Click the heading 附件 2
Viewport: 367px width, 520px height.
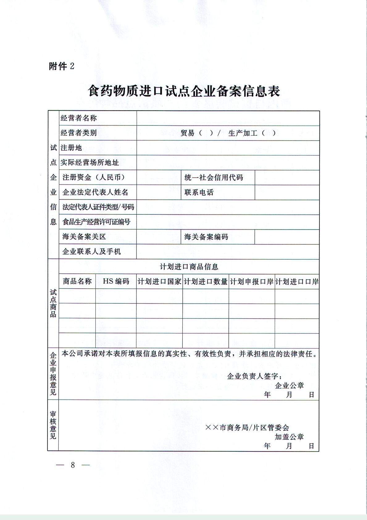pyautogui.click(x=62, y=66)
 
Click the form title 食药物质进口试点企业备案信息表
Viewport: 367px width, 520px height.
pyautogui.click(x=184, y=91)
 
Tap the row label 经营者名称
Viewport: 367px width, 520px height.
pyautogui.click(x=79, y=118)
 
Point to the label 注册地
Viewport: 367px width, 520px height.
pyautogui.click(x=71, y=148)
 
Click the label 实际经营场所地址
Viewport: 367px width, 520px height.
pyautogui.click(x=90, y=163)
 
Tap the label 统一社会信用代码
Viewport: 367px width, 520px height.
pyautogui.click(x=214, y=178)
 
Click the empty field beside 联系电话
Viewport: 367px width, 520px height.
pyautogui.click(x=287, y=192)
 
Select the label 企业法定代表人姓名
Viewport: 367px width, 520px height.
pyautogui.click(x=95, y=192)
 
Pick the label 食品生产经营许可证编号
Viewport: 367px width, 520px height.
pyautogui.click(x=96, y=222)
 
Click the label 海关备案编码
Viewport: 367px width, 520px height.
pyautogui.click(x=206, y=237)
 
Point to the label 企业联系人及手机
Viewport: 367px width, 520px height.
pyautogui.click(x=92, y=252)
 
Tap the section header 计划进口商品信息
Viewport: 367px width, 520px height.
pyautogui.click(x=189, y=267)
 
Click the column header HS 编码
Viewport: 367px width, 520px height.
pyautogui.click(x=116, y=281)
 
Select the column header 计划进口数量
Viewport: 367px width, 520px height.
pyautogui.click(x=206, y=281)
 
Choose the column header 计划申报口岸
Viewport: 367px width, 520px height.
pyautogui.click(x=252, y=281)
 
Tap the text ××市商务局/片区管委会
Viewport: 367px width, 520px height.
pyautogui.click(x=247, y=428)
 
